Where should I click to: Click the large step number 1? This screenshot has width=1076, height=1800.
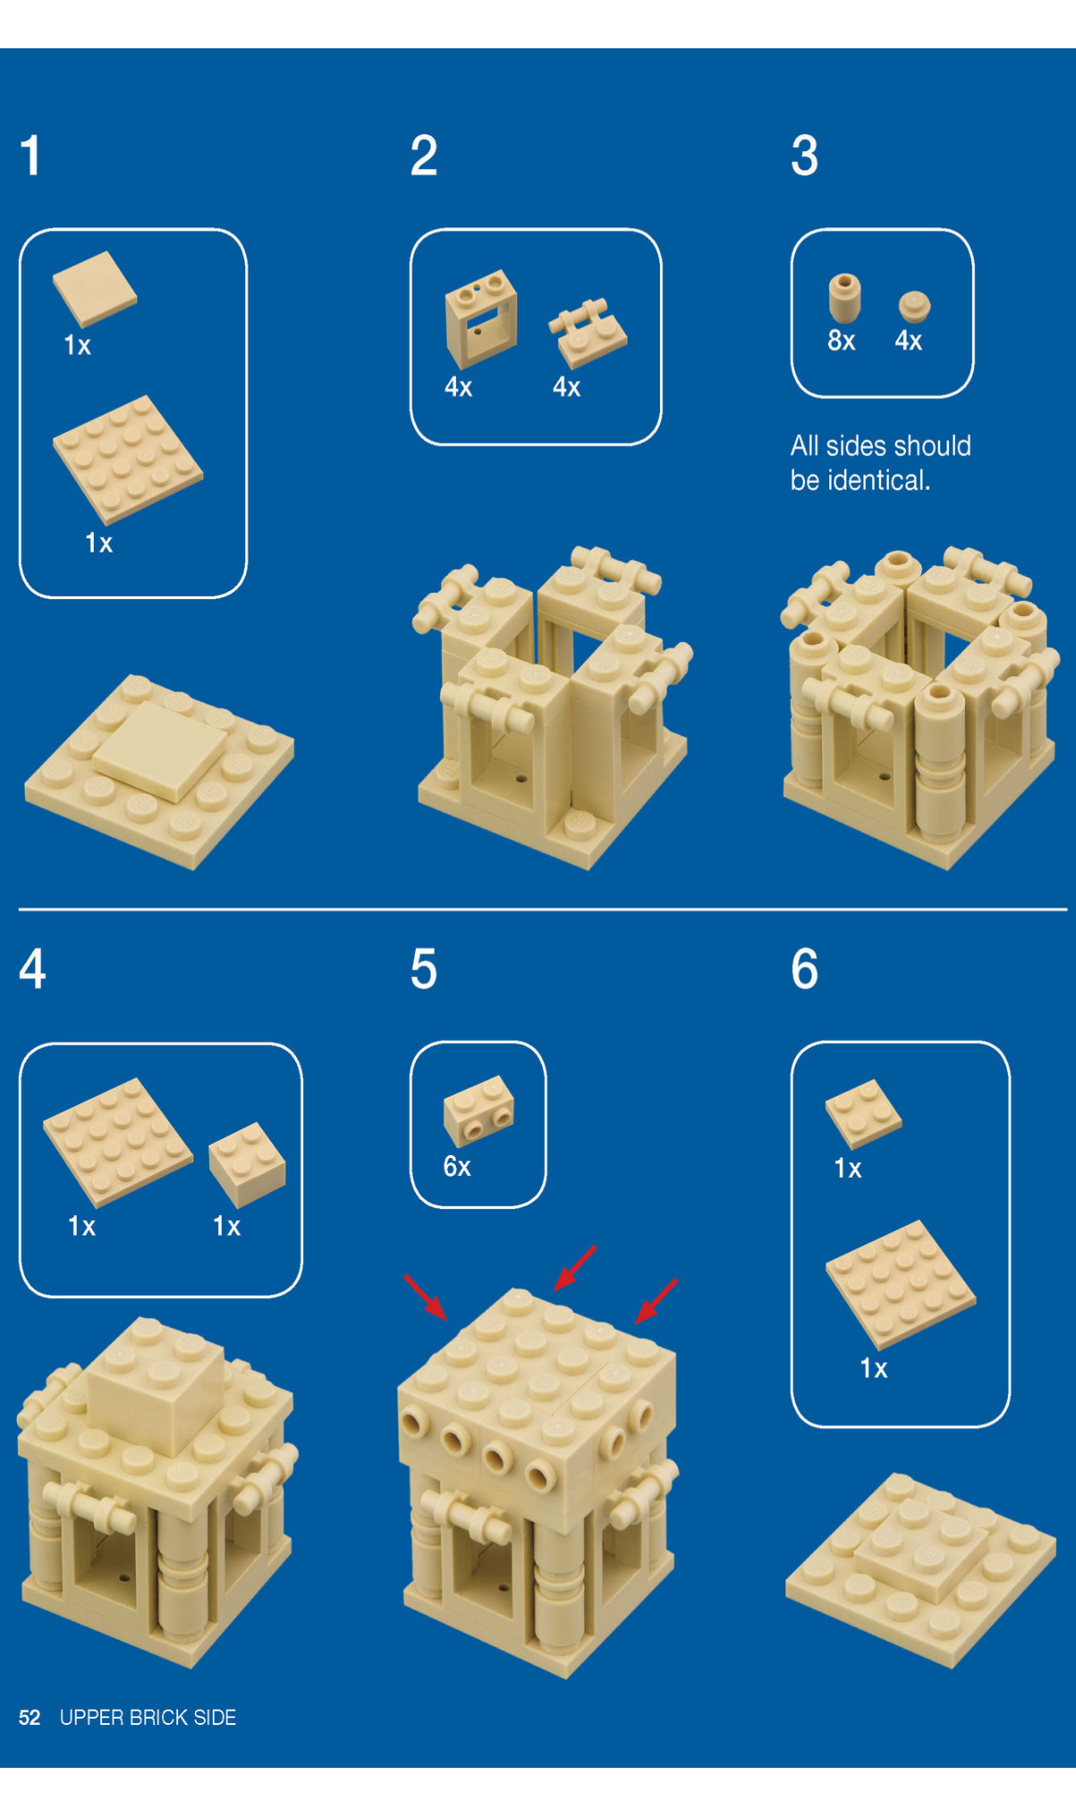pyautogui.click(x=31, y=156)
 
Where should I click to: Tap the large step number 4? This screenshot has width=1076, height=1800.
pyautogui.click(x=33, y=969)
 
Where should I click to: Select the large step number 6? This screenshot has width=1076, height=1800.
pyautogui.click(x=805, y=969)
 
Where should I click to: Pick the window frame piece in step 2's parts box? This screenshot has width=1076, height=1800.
pyautogui.click(x=480, y=318)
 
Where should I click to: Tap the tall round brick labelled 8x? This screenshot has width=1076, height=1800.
pyautogui.click(x=844, y=299)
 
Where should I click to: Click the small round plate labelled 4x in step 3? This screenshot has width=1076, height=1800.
pyautogui.click(x=914, y=307)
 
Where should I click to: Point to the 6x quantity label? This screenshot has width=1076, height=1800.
pyautogui.click(x=457, y=1166)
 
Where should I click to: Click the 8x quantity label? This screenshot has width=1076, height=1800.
pyautogui.click(x=841, y=341)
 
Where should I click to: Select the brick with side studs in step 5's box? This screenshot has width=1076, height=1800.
pyautogui.click(x=479, y=1111)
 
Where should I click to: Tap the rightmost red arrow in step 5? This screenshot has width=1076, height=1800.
pyautogui.click(x=656, y=1301)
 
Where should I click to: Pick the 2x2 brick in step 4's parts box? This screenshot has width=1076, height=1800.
pyautogui.click(x=247, y=1164)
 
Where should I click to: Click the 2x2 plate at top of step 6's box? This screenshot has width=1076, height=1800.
pyautogui.click(x=863, y=1113)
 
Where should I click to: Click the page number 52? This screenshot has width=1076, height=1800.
pyautogui.click(x=30, y=1718)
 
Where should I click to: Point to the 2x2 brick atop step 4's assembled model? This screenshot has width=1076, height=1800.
pyautogui.click(x=157, y=1385)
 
